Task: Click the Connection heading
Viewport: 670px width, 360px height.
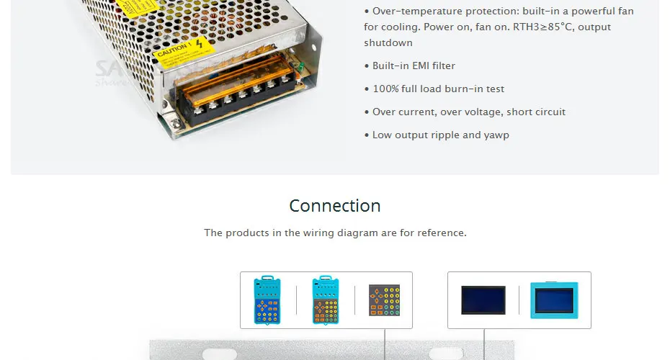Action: point(335,206)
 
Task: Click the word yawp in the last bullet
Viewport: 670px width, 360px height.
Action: point(496,135)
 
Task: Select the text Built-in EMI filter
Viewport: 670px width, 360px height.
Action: point(414,66)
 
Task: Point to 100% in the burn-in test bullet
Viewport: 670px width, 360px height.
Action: point(385,89)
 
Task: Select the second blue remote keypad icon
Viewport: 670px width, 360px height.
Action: point(326,300)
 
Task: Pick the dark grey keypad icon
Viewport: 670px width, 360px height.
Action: point(383,300)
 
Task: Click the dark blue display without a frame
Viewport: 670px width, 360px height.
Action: point(483,300)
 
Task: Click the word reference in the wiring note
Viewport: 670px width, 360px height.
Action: point(442,233)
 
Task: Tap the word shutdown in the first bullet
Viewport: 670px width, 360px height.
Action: point(388,43)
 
